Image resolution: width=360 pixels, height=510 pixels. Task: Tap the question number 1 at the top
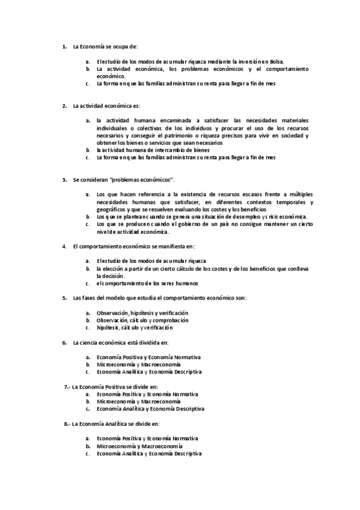pos(64,46)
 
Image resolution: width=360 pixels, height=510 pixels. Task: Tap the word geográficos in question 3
pos(110,209)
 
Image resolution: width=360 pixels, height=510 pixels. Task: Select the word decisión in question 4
pos(110,275)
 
